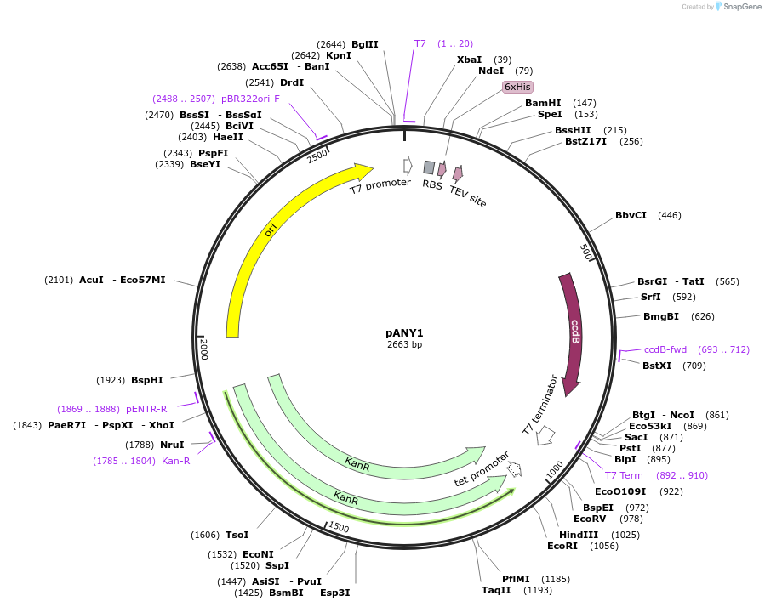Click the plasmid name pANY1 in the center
point(404,332)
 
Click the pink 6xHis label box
point(517,87)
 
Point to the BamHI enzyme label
point(543,103)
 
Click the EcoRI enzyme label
point(562,546)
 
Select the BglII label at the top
point(364,44)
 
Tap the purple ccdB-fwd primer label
point(665,349)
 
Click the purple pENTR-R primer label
point(146,409)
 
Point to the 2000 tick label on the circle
point(203,348)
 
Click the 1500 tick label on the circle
point(338,527)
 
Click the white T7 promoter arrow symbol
point(408,166)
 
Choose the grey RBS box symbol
point(429,167)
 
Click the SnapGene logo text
point(739,7)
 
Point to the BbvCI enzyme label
point(631,215)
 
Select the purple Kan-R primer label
point(175,461)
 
